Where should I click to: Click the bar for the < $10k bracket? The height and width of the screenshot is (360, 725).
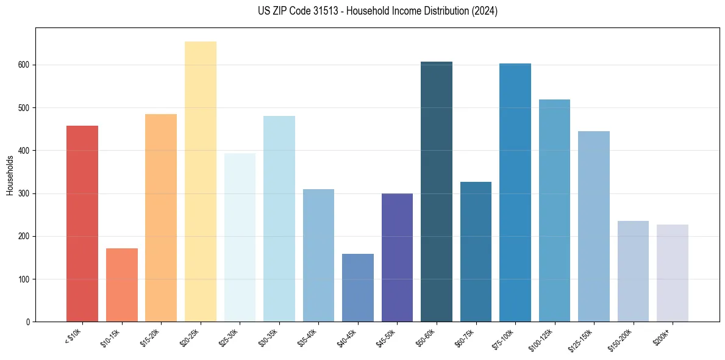pyautogui.click(x=82, y=223)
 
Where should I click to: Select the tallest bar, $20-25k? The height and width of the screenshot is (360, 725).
pyautogui.click(x=201, y=181)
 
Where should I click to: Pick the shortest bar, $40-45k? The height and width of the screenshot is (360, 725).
pyautogui.click(x=358, y=287)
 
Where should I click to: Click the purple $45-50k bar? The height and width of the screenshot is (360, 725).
pyautogui.click(x=397, y=257)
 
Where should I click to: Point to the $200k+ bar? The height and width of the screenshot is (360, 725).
pyautogui.click(x=673, y=273)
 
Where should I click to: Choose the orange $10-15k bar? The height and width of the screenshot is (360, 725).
pyautogui.click(x=122, y=285)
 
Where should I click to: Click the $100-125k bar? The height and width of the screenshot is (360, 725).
pyautogui.click(x=554, y=211)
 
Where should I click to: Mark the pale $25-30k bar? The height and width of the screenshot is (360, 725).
pyautogui.click(x=240, y=237)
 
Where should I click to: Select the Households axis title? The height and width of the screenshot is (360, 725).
pyautogui.click(x=10, y=175)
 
